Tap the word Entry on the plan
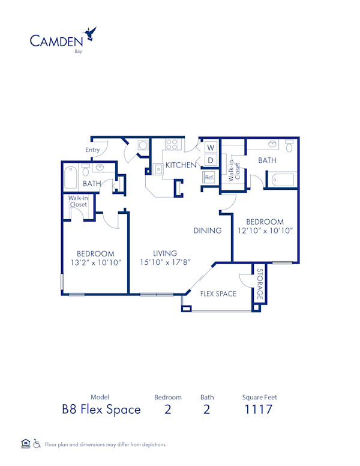pos(93,150)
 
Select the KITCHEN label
pos(181,165)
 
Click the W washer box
pos(211,147)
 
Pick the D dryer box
pos(211,160)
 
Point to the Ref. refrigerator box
pos(209,177)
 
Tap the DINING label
pos(207,231)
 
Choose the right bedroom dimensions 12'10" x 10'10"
pos(265,231)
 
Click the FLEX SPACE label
pos(218,294)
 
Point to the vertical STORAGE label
pos(259,285)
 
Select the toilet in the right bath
pos(289,145)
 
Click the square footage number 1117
pos(259,410)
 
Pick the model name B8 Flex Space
pos(101,410)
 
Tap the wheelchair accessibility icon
pos(37,444)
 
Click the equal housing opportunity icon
pos(25,444)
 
